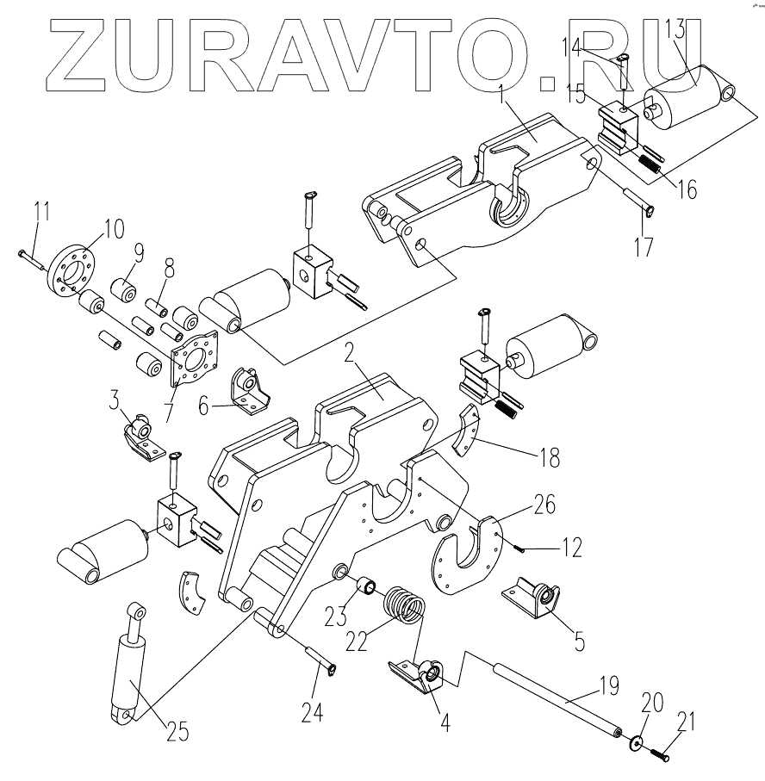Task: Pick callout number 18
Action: (547, 456)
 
